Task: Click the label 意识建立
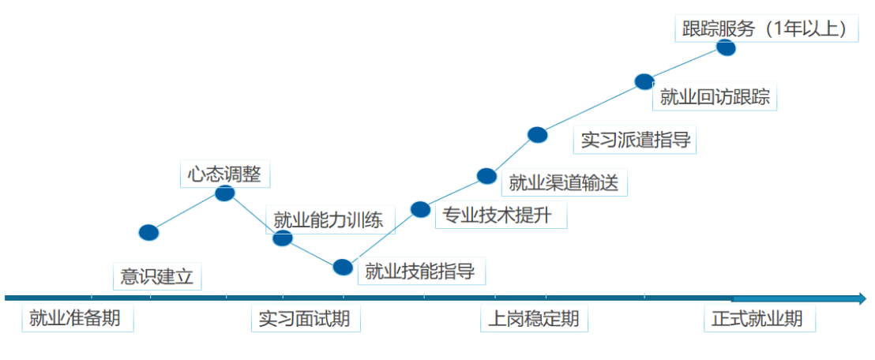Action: click(157, 276)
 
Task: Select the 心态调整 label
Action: click(224, 174)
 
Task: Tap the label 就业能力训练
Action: click(329, 220)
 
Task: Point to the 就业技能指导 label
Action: click(420, 272)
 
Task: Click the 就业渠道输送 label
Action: click(564, 182)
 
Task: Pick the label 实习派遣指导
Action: click(636, 140)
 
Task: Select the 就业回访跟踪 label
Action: click(715, 97)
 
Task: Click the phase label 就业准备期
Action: click(74, 319)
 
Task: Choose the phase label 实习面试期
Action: click(304, 319)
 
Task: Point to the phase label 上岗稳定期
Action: click(534, 319)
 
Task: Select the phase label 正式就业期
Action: click(757, 319)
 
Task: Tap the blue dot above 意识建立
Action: click(148, 233)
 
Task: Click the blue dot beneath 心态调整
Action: click(224, 193)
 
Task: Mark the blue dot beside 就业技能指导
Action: click(344, 268)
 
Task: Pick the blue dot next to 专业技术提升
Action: click(421, 208)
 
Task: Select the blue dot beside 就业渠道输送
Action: click(486, 176)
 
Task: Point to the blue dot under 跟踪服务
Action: click(726, 47)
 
